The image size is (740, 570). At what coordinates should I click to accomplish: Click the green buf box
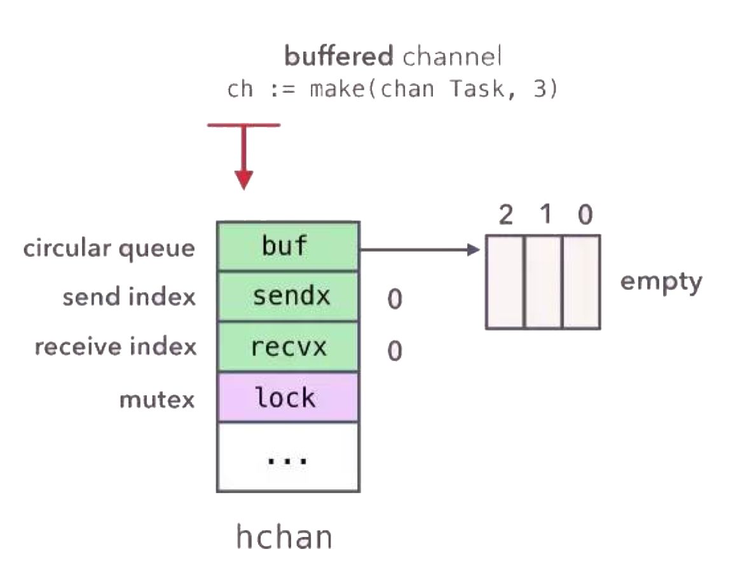point(288,247)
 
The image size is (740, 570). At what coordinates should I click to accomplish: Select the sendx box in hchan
point(288,297)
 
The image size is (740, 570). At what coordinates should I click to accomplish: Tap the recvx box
point(288,347)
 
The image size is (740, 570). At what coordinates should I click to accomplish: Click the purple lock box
point(288,398)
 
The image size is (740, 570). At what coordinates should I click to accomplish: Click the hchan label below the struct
point(284,537)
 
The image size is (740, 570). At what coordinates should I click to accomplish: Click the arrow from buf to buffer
point(420,250)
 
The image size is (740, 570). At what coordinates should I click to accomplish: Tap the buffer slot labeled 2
point(505,282)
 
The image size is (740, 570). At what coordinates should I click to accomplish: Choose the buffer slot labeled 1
point(544,282)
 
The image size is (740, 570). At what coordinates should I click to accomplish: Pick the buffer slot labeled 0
point(581,282)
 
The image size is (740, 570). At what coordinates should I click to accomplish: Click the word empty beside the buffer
point(661,281)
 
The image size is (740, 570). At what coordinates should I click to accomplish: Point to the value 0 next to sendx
point(395,299)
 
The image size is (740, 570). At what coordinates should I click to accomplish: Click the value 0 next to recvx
point(395,351)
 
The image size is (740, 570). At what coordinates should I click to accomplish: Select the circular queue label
point(109,248)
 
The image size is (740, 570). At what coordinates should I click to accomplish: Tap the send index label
point(129,297)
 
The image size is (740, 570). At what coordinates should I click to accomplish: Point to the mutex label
point(157,400)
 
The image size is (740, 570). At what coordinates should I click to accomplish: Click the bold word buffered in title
point(339,57)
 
